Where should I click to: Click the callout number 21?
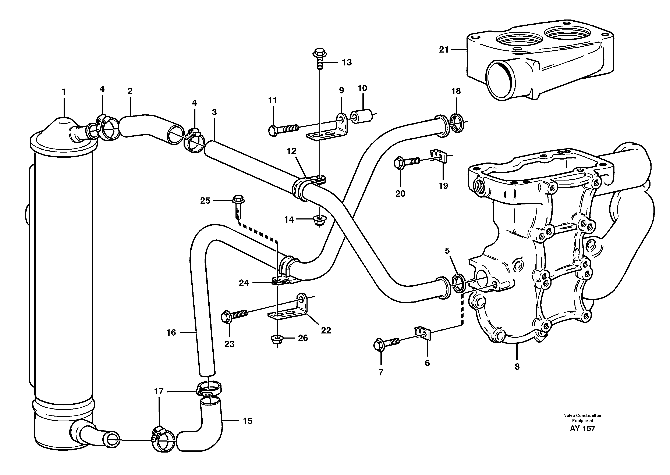click(x=444, y=50)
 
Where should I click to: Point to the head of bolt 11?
click(x=273, y=131)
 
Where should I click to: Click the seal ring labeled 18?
click(x=457, y=123)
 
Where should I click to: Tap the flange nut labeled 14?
click(x=319, y=220)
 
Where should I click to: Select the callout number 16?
click(x=171, y=333)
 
